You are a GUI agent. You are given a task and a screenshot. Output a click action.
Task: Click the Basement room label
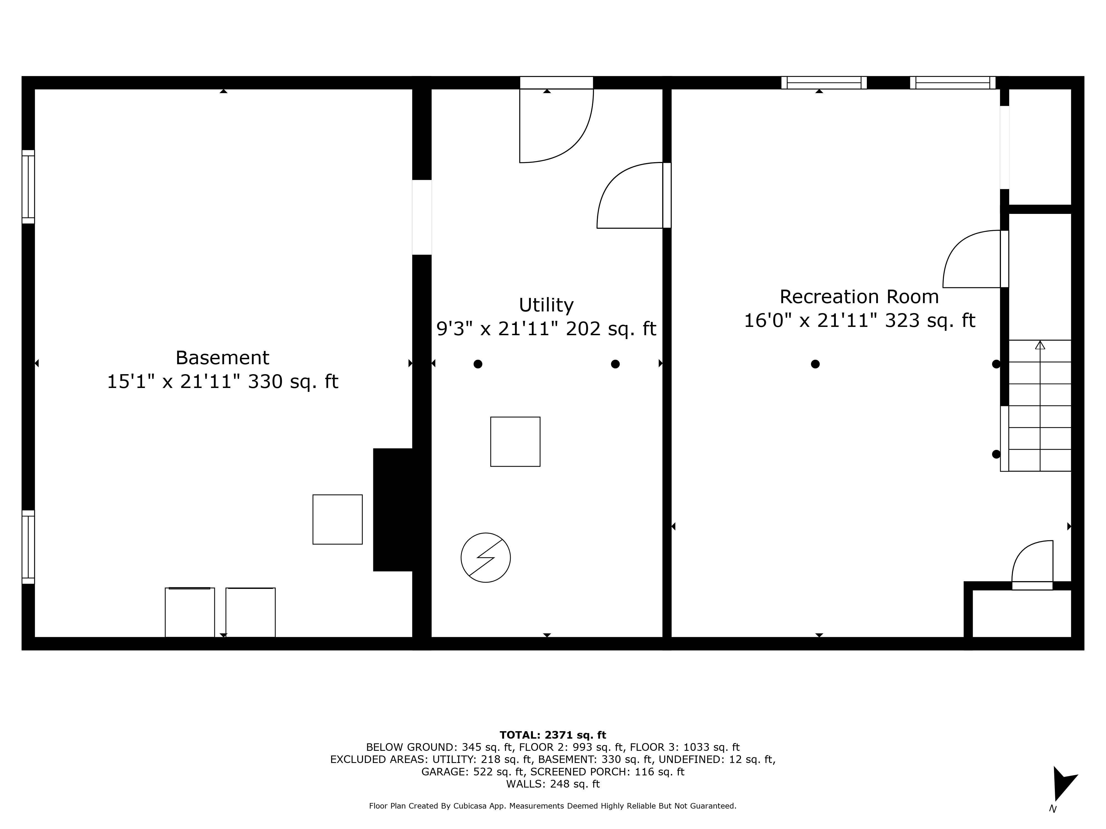pos(223,358)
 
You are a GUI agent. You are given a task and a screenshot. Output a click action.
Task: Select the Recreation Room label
pos(859,297)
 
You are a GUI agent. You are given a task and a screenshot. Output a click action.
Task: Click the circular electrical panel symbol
pos(486,558)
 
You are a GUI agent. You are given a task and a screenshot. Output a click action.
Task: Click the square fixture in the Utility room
pos(515,442)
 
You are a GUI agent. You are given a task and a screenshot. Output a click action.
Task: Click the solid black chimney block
pos(393,510)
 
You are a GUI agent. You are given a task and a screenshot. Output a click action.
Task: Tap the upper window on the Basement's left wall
pos(28,187)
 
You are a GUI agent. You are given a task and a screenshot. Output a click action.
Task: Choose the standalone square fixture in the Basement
pos(338,520)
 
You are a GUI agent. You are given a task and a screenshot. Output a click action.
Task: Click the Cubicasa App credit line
pos(552,806)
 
